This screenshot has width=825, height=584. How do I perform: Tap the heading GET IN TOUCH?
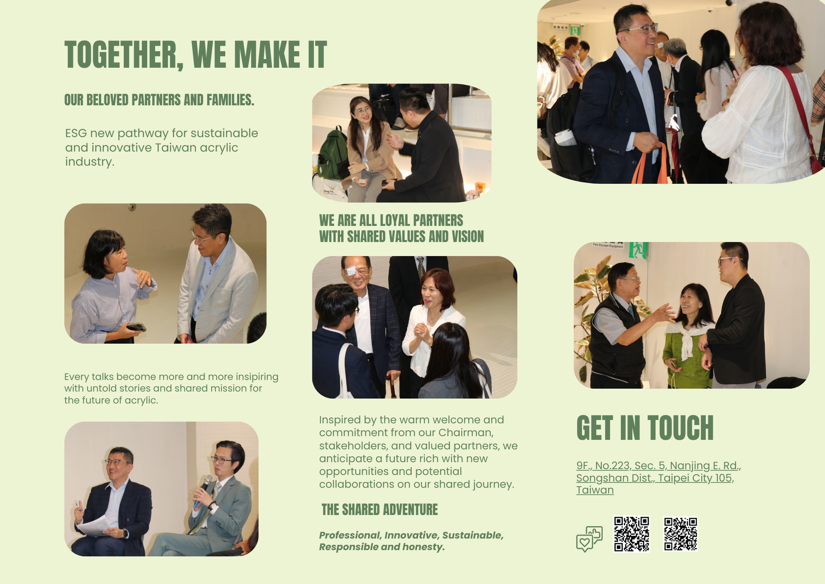click(645, 428)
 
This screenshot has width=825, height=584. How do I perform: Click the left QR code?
click(632, 534)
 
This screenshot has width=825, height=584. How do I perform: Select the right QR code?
click(681, 534)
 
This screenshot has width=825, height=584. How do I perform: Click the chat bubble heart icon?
click(589, 539)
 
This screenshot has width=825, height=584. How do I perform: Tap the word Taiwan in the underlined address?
click(595, 490)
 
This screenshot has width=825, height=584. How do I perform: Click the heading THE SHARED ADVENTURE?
click(379, 510)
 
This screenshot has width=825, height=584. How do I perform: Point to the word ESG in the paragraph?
click(76, 133)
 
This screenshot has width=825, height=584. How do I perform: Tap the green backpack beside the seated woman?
click(333, 154)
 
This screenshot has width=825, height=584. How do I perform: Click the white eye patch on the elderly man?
click(350, 271)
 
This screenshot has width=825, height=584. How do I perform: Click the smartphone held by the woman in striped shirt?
click(136, 327)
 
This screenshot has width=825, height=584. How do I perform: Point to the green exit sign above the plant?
click(638, 250)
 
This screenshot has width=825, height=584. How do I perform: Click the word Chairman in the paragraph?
click(465, 432)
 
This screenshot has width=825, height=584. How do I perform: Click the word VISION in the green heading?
click(468, 237)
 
